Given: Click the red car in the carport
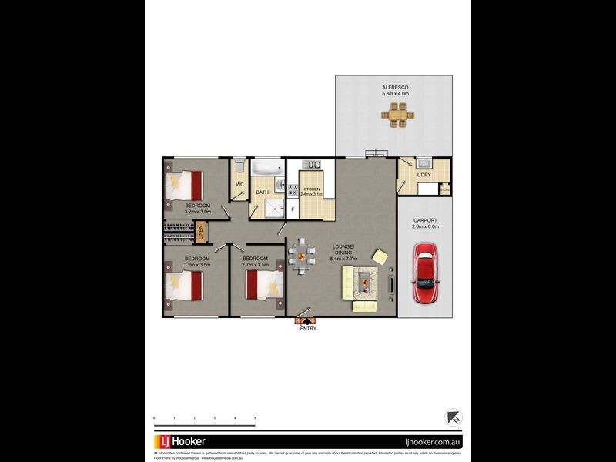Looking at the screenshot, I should click(425, 274).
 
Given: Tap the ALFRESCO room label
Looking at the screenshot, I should click(394, 88).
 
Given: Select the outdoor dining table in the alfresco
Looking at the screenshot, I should click(397, 116).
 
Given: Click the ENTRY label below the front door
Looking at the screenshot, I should click(308, 329).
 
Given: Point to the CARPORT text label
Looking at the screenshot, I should click(425, 220).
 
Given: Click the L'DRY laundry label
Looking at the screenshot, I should click(424, 176).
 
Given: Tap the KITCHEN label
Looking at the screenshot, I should click(310, 189).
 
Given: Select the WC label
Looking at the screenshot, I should click(239, 185).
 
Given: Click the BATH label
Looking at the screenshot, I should click(262, 192).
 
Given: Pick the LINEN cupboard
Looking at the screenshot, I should click(199, 230).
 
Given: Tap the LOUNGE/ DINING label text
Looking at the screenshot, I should click(343, 249).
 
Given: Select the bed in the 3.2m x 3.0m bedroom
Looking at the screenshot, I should click(185, 186).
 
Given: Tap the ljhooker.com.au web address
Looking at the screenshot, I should click(431, 442).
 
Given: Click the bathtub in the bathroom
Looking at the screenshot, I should click(268, 167).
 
